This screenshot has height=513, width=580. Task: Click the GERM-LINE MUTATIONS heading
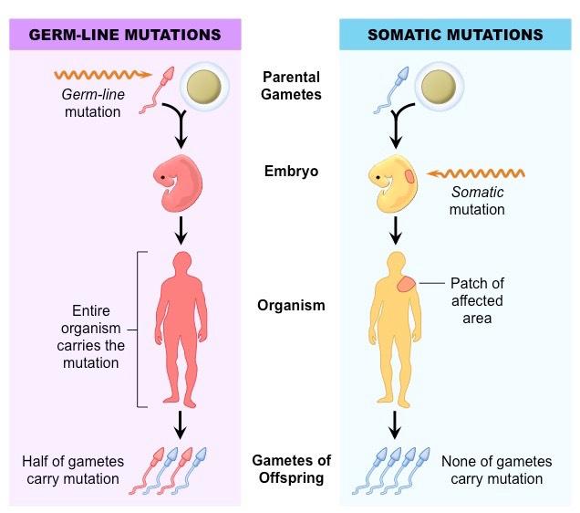pos(125,35)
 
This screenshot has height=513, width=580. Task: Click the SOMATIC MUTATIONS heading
pos(455,35)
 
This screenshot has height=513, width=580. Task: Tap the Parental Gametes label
pos(291,87)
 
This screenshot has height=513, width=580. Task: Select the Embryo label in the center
pos(291,171)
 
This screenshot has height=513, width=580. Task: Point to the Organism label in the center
pos(291,305)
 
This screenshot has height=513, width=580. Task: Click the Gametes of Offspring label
pos(291,469)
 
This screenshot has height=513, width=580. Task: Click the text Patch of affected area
pos(476,300)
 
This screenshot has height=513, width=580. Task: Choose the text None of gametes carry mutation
pos(492,470)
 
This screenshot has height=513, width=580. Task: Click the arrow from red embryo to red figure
pos(181,228)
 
